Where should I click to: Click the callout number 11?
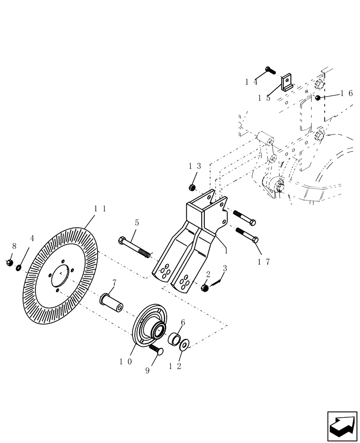point(98,208)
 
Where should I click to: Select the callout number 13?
point(195,166)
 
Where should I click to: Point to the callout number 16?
point(346,93)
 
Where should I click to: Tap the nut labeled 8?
point(9,263)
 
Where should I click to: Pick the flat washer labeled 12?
point(184,343)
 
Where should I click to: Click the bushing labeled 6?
point(174,340)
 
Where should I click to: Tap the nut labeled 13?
point(192,187)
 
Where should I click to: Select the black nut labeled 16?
point(317,97)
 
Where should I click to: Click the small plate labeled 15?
point(286,83)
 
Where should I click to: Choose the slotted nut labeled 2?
point(205,288)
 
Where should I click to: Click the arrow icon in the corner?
point(342,426)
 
